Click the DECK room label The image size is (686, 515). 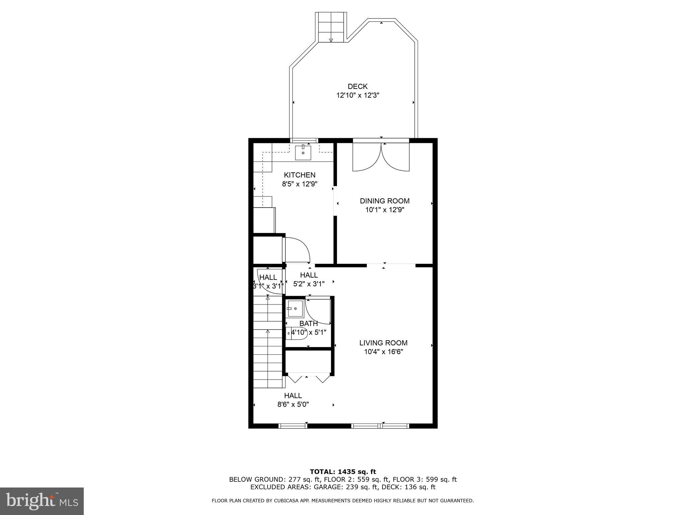pos(357,87)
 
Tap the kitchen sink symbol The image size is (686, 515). pos(303,153)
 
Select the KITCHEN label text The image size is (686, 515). pos(299,175)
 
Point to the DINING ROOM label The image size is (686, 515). pos(385,201)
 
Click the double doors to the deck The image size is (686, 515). pos(381,157)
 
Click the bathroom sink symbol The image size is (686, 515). pos(295,308)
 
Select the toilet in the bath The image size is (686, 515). pos(297,333)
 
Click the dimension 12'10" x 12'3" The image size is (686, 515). pos(357,95)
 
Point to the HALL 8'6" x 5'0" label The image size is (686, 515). pos(293,396)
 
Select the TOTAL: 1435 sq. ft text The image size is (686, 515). pos(343,472)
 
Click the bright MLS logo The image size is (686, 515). pos(42,501)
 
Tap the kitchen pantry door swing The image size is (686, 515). pos(296,249)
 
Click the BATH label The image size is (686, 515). pos(308,324)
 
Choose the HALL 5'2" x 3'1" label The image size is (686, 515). pos(309,275)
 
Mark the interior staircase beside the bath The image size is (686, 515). pos(268,342)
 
